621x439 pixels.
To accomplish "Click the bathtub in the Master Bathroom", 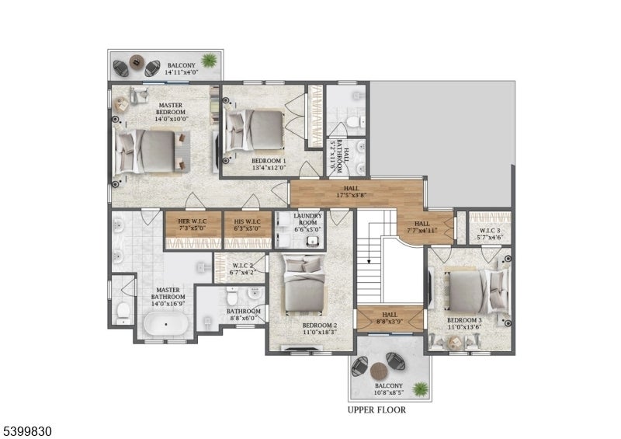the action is coord(166,324).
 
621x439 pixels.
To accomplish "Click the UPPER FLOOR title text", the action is coord(376,410).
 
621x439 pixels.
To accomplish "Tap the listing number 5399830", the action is coord(27,431).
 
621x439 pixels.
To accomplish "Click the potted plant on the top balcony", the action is coord(209,61).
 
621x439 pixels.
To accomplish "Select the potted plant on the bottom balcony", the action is coord(420,388).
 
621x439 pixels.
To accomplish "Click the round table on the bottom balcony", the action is coord(379,371).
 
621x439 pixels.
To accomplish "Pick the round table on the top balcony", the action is coord(137,62).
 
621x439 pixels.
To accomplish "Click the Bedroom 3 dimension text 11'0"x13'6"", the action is coord(464,327).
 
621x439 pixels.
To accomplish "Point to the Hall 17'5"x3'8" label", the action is coord(352,192).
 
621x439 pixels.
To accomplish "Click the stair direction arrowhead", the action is coord(369,261).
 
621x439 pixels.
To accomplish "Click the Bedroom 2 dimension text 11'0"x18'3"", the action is coord(320,333).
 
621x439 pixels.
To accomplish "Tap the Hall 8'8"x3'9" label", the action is coord(390,318).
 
